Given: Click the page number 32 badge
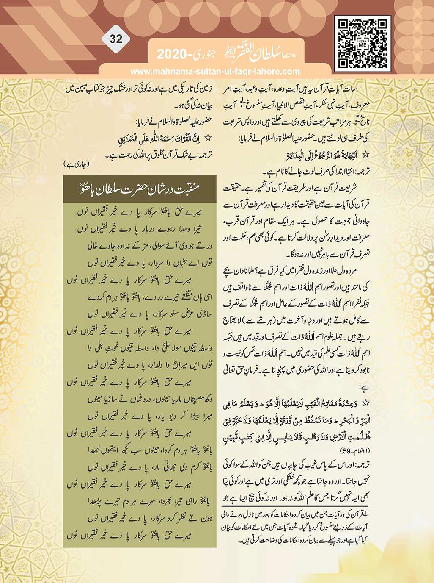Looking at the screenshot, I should [x=115, y=39].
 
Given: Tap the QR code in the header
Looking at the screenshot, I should [x=363, y=44].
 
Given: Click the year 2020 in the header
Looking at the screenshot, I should [x=172, y=55].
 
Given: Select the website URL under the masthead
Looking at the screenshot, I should [x=215, y=72].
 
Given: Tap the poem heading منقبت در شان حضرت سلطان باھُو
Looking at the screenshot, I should [x=140, y=189].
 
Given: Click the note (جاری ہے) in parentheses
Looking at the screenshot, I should [x=76, y=164].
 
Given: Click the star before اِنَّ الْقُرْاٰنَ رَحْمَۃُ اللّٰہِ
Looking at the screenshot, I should [x=208, y=139].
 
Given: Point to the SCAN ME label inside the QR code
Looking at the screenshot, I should [x=363, y=44].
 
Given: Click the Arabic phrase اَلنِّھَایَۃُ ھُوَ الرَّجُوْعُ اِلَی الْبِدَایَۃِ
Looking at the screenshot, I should [x=322, y=155].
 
